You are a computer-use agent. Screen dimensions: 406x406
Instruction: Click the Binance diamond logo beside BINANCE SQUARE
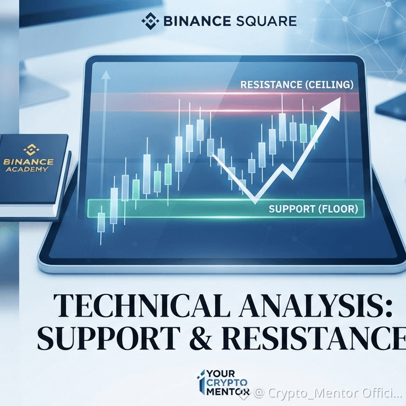[150, 21]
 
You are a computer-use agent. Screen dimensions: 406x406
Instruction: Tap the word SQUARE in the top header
[266, 21]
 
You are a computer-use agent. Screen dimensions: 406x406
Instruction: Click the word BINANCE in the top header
[197, 21]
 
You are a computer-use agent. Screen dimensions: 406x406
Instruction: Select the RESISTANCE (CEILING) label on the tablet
[297, 85]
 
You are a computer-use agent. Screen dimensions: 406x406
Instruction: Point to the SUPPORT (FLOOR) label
[313, 209]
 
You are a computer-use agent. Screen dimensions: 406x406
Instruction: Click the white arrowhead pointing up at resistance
[332, 108]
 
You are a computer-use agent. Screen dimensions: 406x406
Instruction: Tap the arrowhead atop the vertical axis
[105, 75]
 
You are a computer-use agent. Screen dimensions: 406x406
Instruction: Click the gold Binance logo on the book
[31, 150]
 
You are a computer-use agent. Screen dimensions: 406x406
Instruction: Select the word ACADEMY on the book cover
[26, 170]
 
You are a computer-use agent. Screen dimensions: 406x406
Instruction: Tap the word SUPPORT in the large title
[109, 337]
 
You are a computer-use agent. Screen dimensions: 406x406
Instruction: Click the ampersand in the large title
[201, 338]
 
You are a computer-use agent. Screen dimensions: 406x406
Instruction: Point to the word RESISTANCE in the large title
[313, 338]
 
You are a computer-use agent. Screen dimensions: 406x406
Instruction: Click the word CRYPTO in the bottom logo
[227, 383]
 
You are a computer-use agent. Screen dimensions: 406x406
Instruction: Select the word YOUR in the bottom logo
[220, 374]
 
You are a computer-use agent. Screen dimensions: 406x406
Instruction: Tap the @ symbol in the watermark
[259, 393]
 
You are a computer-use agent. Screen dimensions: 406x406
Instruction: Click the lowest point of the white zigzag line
[255, 203]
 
